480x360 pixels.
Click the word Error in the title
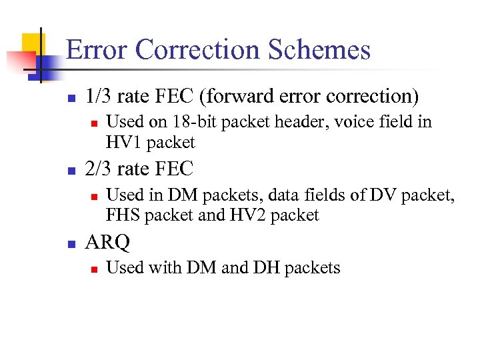95,51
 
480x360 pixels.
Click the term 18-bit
189,122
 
